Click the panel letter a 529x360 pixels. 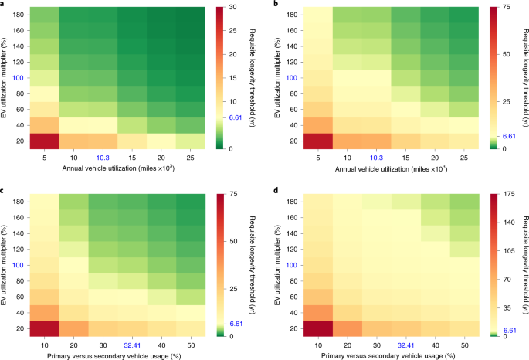(5, 5)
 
